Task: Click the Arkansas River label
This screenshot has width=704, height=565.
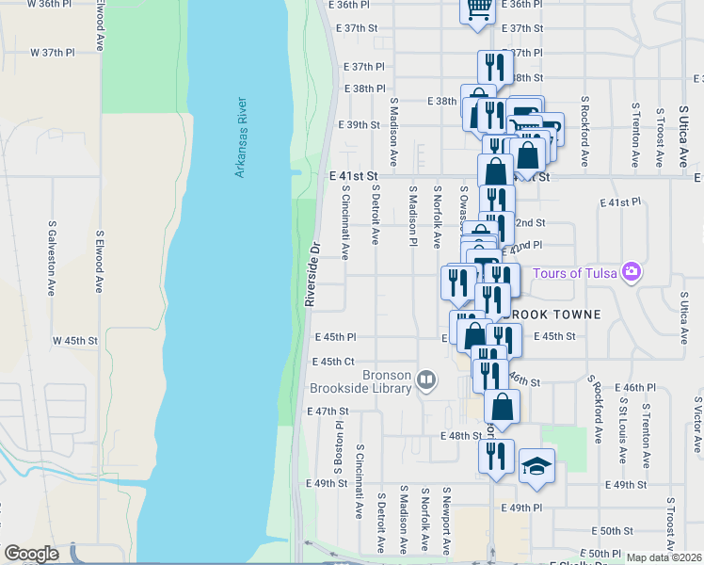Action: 240,137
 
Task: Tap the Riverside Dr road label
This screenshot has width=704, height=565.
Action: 312,274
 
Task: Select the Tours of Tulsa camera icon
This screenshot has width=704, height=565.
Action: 631,273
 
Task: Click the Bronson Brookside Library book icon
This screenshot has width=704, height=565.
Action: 426,380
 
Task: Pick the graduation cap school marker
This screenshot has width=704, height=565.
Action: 536,466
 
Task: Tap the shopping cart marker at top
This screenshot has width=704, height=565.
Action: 477,8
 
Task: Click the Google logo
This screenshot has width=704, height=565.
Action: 31,554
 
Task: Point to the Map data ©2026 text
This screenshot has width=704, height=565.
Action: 664,557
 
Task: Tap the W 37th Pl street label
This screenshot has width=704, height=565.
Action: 52,52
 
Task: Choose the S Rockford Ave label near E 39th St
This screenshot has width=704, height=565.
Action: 584,131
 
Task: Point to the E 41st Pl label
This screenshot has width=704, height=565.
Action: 619,202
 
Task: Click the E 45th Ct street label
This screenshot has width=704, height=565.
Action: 333,362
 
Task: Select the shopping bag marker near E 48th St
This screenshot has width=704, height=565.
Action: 503,407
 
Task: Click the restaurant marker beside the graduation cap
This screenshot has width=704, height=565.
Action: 495,457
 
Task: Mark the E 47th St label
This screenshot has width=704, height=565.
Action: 328,412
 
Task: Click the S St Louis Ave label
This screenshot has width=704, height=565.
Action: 623,429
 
